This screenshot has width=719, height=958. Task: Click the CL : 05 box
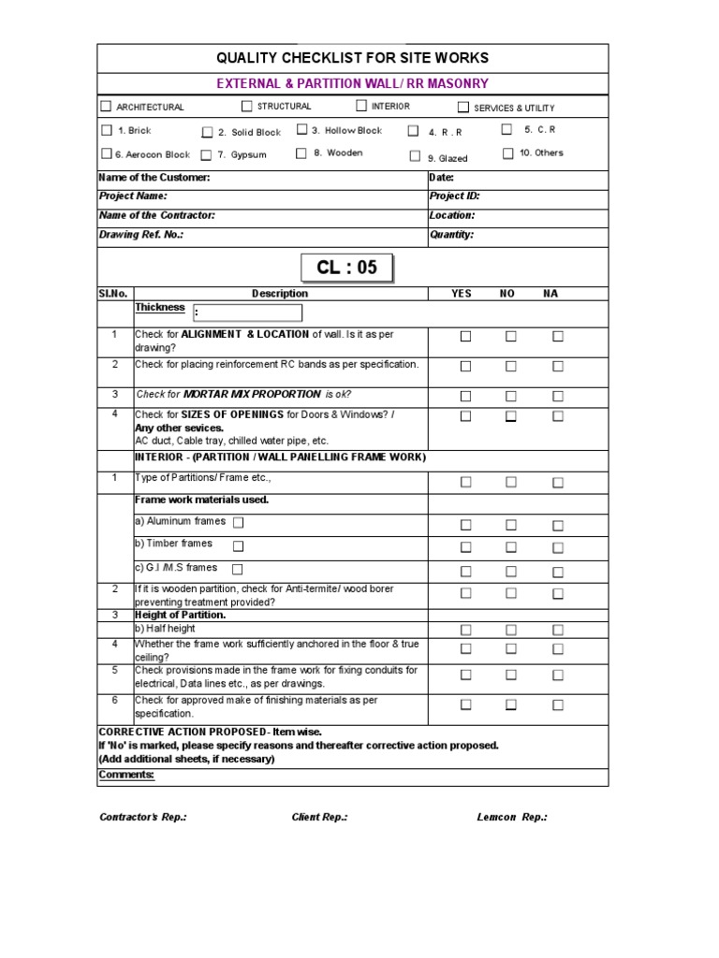tap(346, 268)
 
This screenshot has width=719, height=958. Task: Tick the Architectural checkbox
tap(106, 107)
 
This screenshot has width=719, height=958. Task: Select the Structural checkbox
tap(247, 106)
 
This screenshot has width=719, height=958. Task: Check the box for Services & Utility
tap(462, 107)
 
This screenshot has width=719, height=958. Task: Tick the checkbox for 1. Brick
tap(106, 130)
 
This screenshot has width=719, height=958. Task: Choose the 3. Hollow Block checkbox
tap(301, 130)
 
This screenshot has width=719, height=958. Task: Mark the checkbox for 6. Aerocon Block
tap(106, 153)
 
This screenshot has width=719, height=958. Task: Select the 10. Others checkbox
tap(507, 153)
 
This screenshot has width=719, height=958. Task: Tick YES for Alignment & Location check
tap(465, 337)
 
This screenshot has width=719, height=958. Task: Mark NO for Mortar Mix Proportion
tap(511, 396)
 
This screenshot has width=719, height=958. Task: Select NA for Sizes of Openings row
tap(558, 416)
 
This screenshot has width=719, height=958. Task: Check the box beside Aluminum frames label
tap(238, 522)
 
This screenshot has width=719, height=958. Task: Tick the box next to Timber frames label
tap(238, 545)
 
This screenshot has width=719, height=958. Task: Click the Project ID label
tap(454, 196)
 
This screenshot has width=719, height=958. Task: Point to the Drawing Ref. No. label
tap(140, 235)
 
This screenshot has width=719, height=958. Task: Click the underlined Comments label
tap(126, 775)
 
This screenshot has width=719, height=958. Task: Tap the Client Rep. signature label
tap(319, 817)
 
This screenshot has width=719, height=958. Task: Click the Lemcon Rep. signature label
tap(512, 817)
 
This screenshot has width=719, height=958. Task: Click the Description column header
tap(279, 293)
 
